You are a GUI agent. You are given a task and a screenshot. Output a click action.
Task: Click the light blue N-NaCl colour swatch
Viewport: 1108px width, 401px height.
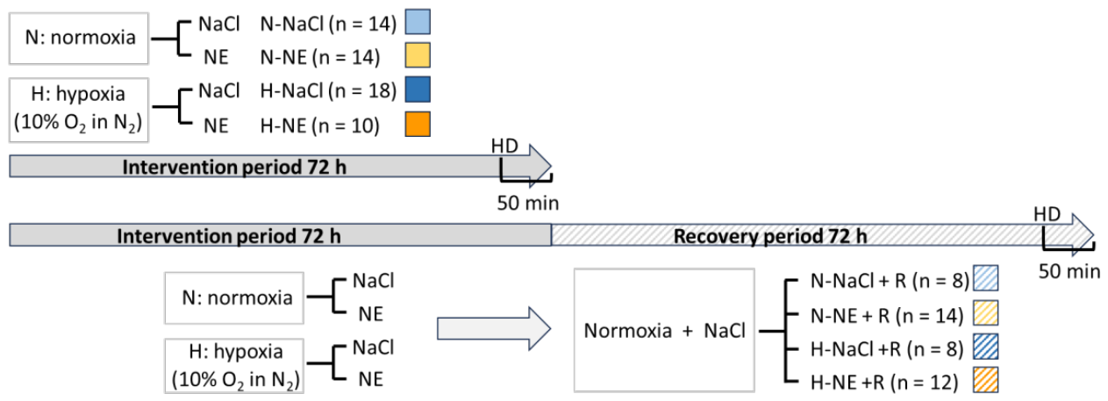point(418,22)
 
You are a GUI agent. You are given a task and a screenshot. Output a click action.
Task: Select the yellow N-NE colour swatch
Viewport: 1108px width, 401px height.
point(418,55)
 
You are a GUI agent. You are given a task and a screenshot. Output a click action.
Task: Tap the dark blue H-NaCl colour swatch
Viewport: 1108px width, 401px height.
point(418,89)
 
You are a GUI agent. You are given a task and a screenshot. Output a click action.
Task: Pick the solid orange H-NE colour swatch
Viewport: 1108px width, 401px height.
point(418,124)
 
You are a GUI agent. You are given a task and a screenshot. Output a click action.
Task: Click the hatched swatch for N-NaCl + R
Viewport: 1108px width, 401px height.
point(986,278)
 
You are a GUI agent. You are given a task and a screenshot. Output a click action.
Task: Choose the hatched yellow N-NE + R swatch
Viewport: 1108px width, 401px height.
point(986,312)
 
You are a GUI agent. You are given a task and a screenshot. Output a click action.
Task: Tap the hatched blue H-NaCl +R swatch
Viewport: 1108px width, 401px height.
point(986,346)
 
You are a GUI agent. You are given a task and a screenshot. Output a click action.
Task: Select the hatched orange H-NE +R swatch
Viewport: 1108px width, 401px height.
point(986,380)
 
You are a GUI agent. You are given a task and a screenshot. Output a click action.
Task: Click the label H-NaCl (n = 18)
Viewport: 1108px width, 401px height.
point(328,91)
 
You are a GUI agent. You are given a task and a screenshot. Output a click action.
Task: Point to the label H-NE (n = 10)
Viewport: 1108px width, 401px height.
point(320,125)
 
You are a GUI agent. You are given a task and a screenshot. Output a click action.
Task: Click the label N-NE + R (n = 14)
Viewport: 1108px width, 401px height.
point(887,316)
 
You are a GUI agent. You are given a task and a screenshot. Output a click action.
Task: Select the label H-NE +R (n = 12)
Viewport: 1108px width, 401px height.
point(884,383)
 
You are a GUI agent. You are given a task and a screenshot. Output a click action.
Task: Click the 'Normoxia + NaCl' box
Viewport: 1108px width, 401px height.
point(664,330)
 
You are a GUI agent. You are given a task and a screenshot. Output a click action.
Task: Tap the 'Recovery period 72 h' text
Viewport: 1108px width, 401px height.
point(770,236)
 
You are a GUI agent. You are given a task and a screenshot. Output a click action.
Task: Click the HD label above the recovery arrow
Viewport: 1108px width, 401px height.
point(1047,214)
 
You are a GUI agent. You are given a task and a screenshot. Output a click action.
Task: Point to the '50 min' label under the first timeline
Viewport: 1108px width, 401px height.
point(528,204)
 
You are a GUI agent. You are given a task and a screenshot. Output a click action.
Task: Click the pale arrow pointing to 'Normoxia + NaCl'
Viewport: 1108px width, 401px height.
point(494,329)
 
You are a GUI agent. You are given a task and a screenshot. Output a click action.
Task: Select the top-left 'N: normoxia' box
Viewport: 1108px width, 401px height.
point(79,39)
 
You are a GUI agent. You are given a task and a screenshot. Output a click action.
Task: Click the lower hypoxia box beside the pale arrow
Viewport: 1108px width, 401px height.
point(234,366)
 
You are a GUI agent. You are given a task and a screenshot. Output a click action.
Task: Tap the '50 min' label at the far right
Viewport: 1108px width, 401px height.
point(1069,271)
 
